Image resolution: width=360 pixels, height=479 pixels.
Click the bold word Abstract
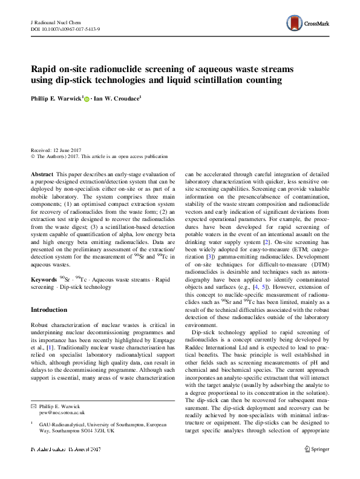pos(42,174)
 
